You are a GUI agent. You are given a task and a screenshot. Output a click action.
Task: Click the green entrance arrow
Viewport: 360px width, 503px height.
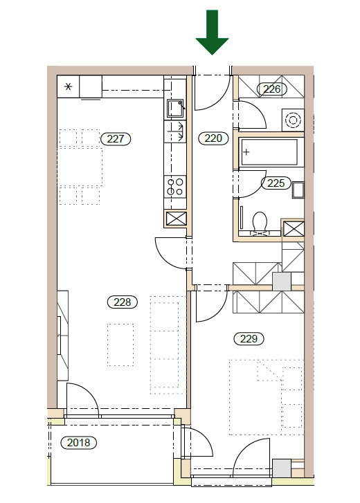pyautogui.click(x=212, y=32)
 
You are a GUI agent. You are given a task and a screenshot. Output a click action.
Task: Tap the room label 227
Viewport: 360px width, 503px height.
pyautogui.click(x=116, y=139)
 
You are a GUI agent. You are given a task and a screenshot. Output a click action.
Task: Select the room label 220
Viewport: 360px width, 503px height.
pyautogui.click(x=213, y=138)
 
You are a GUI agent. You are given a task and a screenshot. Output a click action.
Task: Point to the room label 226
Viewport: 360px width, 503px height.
pyautogui.click(x=272, y=89)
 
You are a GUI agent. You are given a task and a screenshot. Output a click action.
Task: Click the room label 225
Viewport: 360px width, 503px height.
pyautogui.click(x=276, y=183)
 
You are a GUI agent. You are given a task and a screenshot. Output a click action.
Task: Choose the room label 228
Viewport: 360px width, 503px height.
pyautogui.click(x=123, y=302)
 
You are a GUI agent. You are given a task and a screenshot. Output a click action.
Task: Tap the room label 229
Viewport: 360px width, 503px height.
pyautogui.click(x=249, y=339)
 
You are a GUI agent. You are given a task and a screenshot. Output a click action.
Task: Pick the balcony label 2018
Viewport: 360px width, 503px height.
pyautogui.click(x=79, y=443)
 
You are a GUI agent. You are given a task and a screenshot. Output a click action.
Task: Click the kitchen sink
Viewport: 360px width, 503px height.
pyautogui.click(x=175, y=108)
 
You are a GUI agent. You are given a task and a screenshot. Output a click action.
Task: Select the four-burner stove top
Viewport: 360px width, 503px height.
pyautogui.click(x=175, y=187)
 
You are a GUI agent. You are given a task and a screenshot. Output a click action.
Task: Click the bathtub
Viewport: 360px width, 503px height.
pyautogui.click(x=269, y=152)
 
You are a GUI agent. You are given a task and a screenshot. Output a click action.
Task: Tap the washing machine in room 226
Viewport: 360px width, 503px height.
pyautogui.click(x=293, y=120)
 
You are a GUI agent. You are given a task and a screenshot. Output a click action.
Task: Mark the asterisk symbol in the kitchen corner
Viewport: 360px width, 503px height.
pyautogui.click(x=68, y=86)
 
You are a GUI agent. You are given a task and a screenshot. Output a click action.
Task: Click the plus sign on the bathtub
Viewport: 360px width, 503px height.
pyautogui.click(x=246, y=152)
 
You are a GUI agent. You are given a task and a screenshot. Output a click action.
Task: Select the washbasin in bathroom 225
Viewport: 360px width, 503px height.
pyautogui.click(x=298, y=190)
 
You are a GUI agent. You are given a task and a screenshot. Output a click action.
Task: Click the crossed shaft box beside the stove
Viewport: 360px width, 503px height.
pyautogui.click(x=176, y=219)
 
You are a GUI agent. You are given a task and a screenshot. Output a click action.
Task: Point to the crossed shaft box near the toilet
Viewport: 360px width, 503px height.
pyautogui.click(x=294, y=229)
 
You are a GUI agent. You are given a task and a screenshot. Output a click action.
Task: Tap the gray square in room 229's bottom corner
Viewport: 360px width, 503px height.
pyautogui.click(x=282, y=468)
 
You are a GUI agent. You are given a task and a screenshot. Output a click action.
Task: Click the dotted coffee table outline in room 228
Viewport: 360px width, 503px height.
pyautogui.click(x=120, y=345)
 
